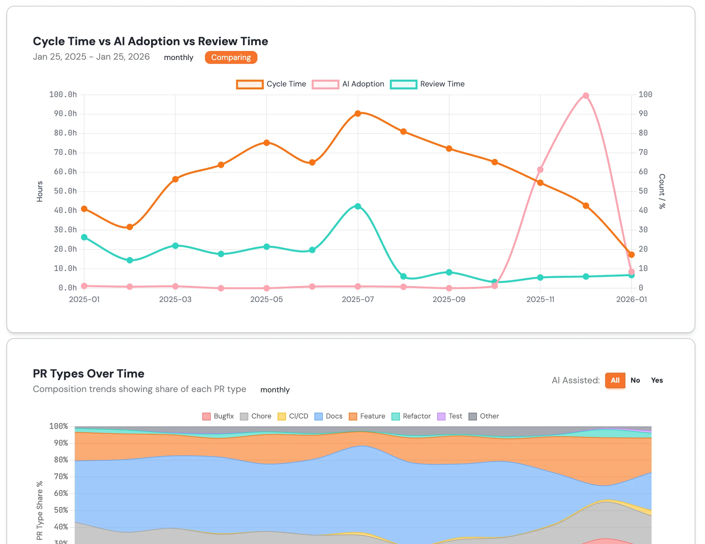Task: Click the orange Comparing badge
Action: coord(231,57)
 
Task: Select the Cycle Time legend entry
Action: coord(271,84)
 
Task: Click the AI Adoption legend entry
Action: coord(348,84)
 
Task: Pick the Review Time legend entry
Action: coord(427,84)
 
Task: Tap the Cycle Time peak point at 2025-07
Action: coord(358,114)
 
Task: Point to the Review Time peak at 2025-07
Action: coord(358,207)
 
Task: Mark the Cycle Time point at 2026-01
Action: coord(632,255)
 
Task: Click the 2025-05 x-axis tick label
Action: coord(267,300)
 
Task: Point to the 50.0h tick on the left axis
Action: coord(65,191)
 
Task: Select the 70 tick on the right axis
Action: coord(643,153)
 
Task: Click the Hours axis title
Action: coord(40,192)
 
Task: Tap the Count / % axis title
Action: coord(662,192)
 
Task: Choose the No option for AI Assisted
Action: coord(635,380)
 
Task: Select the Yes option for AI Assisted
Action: coord(657,380)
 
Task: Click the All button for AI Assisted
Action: coord(615,380)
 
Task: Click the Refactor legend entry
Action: coord(411,416)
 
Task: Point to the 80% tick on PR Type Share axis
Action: coord(61,460)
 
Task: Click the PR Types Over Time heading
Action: coord(89,374)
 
